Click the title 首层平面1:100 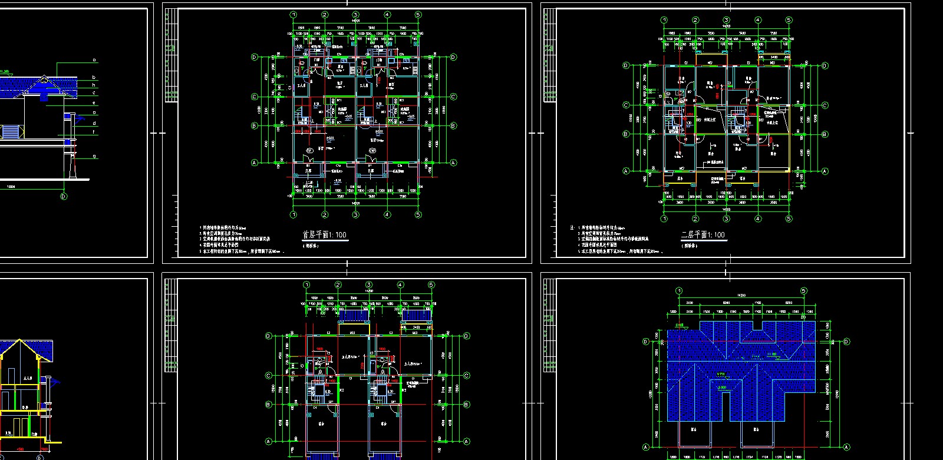point(324,235)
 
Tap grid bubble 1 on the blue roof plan point(679,291)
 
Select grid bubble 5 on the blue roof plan point(804,291)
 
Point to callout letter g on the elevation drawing point(95,157)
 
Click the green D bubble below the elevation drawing point(64,197)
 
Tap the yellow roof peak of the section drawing point(19,340)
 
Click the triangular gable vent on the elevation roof point(45,80)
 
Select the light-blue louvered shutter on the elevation point(10,132)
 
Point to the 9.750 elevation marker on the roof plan point(721,374)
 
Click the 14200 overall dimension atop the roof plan point(741,295)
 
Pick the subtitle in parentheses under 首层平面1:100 point(311,246)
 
